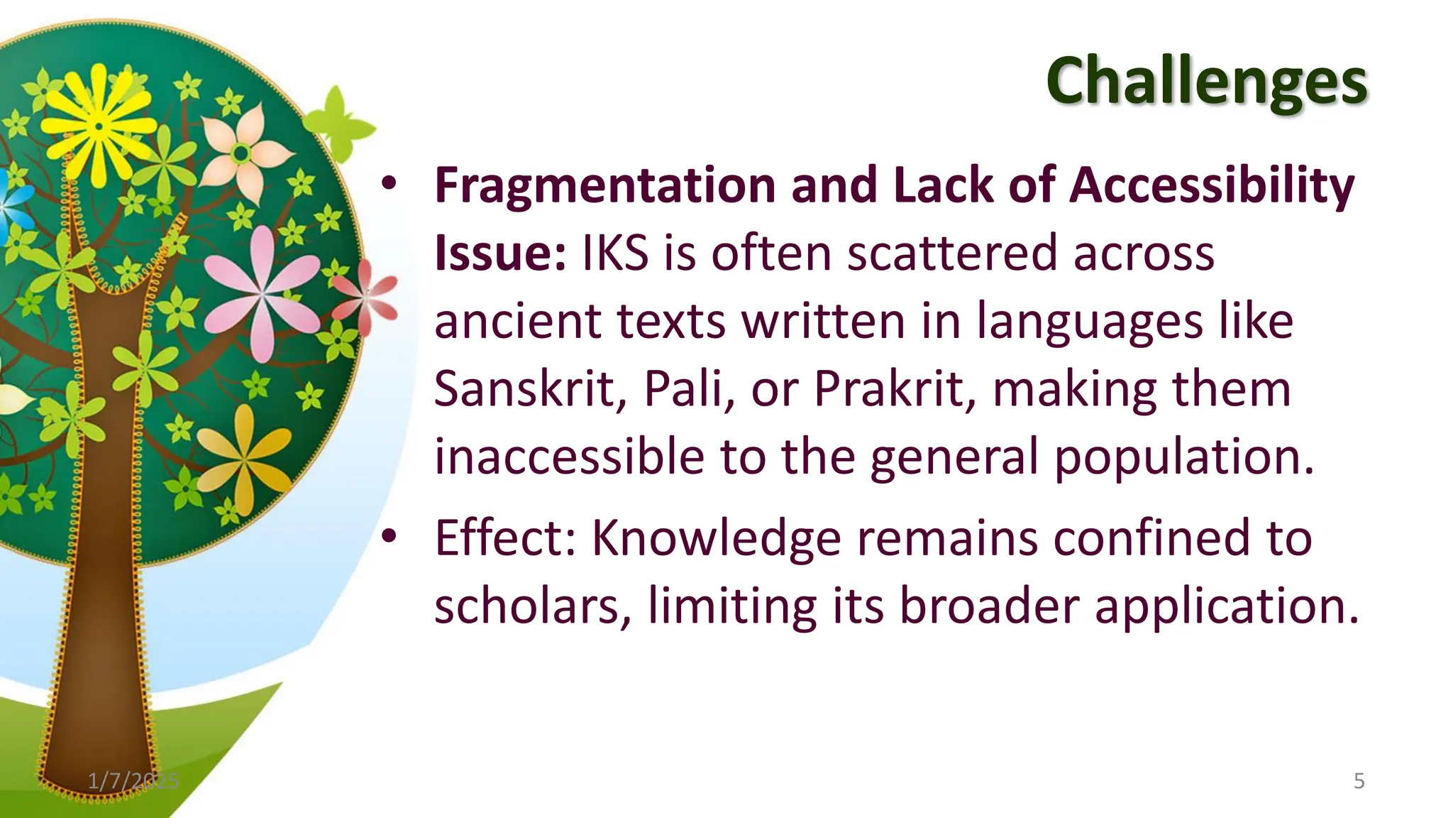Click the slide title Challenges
(1206, 82)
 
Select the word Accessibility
(1212, 185)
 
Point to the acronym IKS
(614, 253)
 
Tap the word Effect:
(505, 538)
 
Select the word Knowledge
(717, 538)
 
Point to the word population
(1183, 457)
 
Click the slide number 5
(1359, 781)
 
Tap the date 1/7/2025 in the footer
(133, 781)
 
